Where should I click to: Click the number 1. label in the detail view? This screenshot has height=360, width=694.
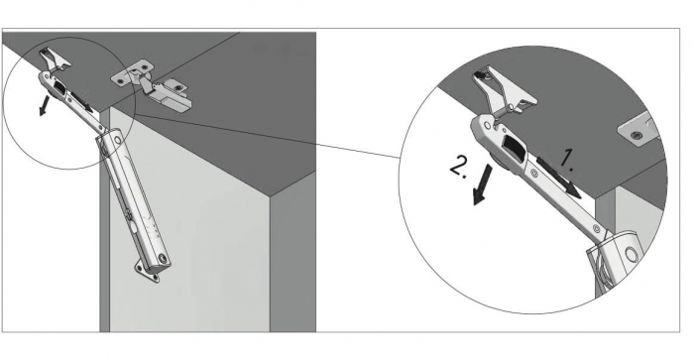tap(566, 161)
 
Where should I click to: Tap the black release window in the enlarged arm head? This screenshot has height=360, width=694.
tap(513, 147)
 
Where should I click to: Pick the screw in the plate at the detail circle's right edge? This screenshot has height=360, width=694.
tap(636, 135)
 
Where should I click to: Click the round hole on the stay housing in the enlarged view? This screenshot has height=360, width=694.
tap(630, 254)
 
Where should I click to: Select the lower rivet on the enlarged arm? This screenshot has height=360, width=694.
tap(596, 229)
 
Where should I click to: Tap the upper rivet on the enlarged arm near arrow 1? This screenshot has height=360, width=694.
tap(534, 174)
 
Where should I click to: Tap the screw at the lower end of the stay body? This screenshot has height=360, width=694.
tap(164, 257)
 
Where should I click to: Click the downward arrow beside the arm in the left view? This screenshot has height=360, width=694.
tap(44, 105)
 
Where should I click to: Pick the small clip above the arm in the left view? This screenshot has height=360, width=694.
tap(55, 60)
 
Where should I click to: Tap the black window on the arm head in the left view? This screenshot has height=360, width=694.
tap(59, 86)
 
